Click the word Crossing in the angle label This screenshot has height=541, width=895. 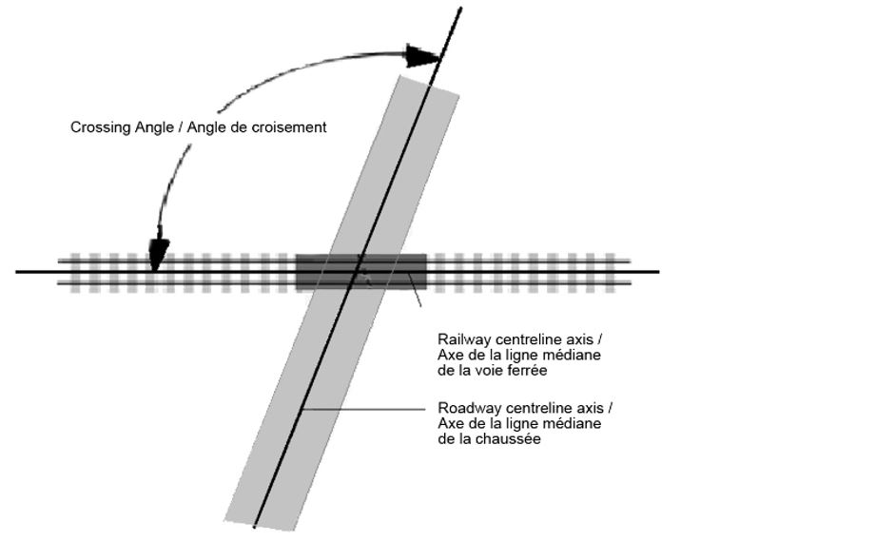[98, 126]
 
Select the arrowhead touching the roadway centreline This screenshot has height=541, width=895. [421, 55]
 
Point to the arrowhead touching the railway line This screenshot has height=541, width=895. [159, 254]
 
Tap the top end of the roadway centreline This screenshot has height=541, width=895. [461, 9]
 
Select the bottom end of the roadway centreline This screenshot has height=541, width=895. [254, 525]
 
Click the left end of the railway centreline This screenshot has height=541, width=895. [17, 272]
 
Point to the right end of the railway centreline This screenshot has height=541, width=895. [658, 272]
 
